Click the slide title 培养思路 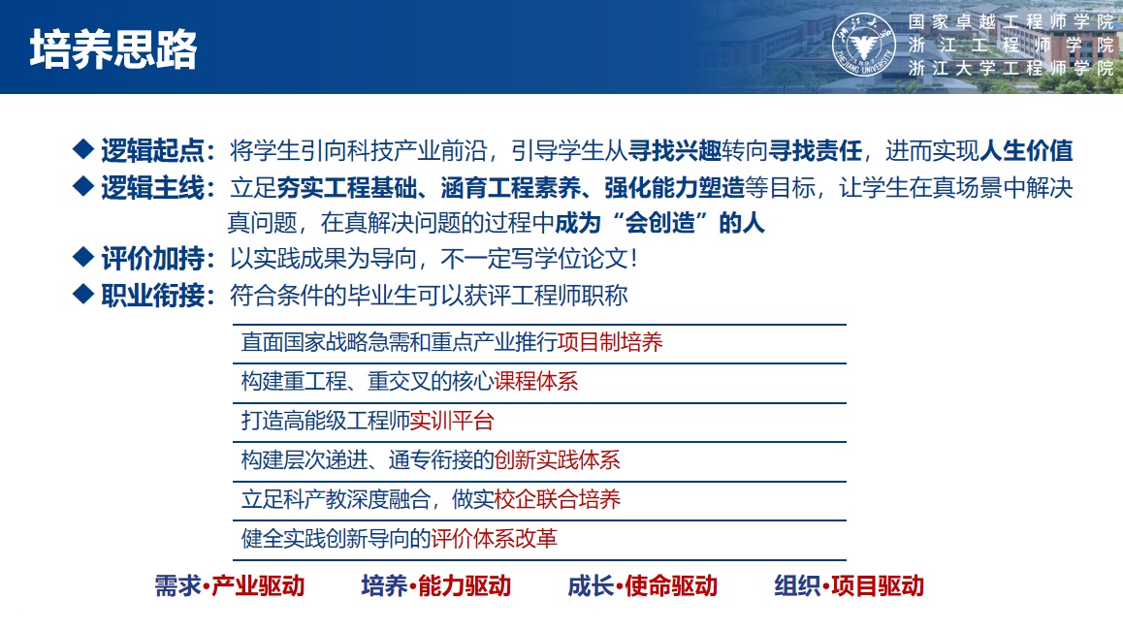(x=113, y=49)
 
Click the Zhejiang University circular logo (x=864, y=46)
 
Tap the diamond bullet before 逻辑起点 (x=83, y=149)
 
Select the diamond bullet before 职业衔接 (x=83, y=294)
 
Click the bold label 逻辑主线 (x=152, y=188)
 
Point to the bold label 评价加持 (x=152, y=259)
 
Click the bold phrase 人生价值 (x=1026, y=150)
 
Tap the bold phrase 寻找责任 (x=816, y=150)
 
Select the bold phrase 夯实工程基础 (x=346, y=188)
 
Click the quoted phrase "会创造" (x=659, y=223)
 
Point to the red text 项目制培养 (x=610, y=342)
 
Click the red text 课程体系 (x=535, y=382)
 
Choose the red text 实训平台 (x=452, y=421)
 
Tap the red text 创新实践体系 (x=558, y=459)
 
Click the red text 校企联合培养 (x=558, y=499)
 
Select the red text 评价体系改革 (x=495, y=538)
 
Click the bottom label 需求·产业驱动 (x=230, y=585)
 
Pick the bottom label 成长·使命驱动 (x=642, y=585)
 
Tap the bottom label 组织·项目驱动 (x=849, y=585)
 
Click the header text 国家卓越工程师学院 (x=1011, y=22)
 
